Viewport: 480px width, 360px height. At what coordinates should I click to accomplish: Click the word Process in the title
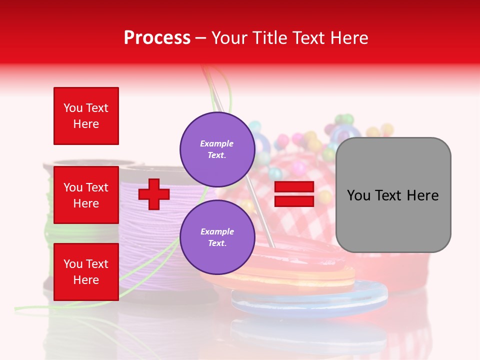click(x=157, y=38)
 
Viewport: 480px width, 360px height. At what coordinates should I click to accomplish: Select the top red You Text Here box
click(x=86, y=116)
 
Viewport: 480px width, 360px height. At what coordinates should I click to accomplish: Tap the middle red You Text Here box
click(x=86, y=195)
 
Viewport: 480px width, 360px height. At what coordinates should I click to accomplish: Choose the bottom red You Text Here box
click(x=86, y=271)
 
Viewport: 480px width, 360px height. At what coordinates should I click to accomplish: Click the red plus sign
click(x=154, y=194)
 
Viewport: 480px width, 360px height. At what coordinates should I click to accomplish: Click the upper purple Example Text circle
click(x=217, y=149)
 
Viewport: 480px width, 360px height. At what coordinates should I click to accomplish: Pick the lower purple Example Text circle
click(x=217, y=237)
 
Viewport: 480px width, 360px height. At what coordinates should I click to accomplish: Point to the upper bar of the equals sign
click(x=294, y=187)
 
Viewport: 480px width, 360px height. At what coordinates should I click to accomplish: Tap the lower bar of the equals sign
click(x=294, y=201)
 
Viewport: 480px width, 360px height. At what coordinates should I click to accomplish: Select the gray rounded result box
click(x=393, y=195)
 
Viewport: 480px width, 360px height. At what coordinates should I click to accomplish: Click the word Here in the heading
click(x=347, y=38)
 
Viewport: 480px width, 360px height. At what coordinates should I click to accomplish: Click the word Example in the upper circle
click(x=217, y=143)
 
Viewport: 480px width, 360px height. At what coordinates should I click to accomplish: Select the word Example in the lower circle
click(x=217, y=231)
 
